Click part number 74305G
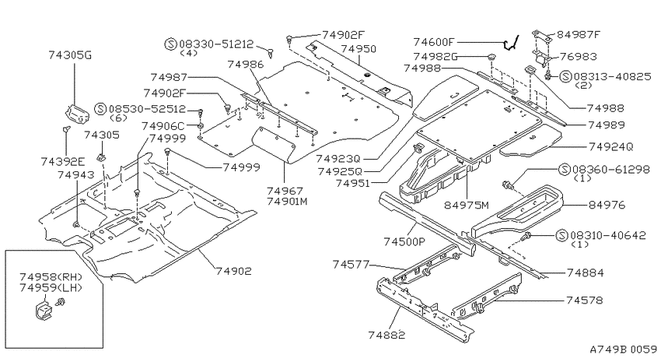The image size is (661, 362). click(70, 55)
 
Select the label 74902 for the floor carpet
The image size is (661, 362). click(233, 271)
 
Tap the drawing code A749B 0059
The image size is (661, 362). click(623, 350)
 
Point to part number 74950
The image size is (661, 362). click(358, 49)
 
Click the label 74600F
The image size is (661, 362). click(434, 42)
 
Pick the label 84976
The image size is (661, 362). click(607, 205)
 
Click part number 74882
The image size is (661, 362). click(386, 335)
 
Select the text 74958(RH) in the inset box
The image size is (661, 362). click(51, 277)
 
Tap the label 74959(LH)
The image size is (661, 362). click(51, 288)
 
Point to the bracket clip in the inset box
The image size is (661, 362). click(42, 311)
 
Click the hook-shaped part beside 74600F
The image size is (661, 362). click(510, 43)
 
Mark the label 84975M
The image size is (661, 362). click(467, 206)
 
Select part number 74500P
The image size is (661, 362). click(404, 242)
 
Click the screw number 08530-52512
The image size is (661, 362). click(147, 109)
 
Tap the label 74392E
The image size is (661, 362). click(63, 162)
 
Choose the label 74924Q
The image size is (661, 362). click(610, 147)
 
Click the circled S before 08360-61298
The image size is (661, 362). click(564, 170)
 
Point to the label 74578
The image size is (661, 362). click(584, 300)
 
